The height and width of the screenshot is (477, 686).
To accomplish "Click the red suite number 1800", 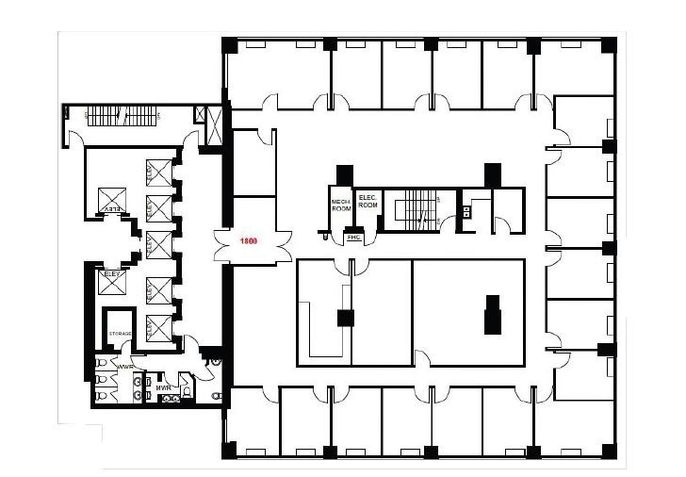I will (x=249, y=242).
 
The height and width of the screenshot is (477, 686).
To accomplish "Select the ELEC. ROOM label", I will (x=367, y=201).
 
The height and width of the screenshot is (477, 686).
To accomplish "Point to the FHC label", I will (x=354, y=238).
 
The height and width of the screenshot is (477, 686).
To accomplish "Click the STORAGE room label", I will (x=120, y=334).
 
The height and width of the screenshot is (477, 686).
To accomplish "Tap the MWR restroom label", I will (x=162, y=387).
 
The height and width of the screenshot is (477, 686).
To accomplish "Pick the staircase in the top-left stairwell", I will (x=120, y=117).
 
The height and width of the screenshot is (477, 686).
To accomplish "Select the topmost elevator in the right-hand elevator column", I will (x=158, y=173).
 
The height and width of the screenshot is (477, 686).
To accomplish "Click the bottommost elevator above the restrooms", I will (x=158, y=328).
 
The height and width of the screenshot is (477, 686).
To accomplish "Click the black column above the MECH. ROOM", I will (x=344, y=174).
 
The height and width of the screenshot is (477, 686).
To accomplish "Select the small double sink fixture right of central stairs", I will (x=465, y=211).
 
